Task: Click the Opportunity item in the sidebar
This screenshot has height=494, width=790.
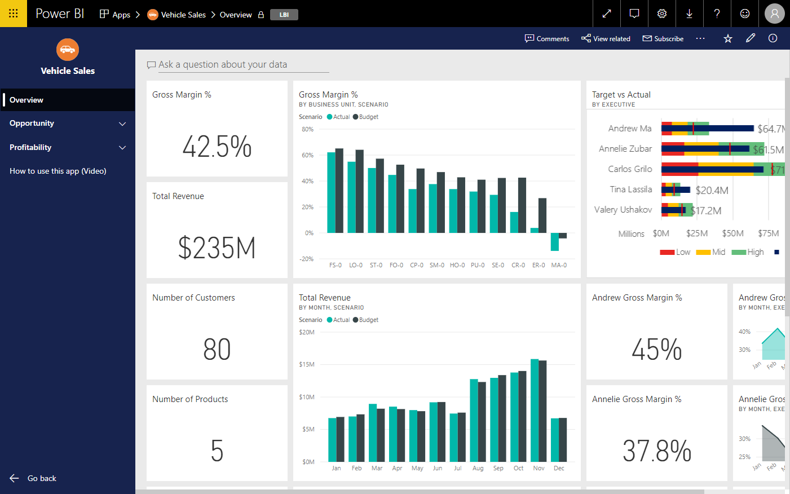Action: pos(32,123)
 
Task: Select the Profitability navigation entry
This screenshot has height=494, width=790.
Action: pos(30,148)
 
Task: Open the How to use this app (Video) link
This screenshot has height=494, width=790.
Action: pos(58,171)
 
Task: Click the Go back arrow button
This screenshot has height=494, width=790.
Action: pos(15,478)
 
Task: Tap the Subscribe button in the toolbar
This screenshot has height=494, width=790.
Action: pos(663,39)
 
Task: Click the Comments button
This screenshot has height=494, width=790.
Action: pos(547,39)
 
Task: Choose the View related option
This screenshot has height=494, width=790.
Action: pos(606,39)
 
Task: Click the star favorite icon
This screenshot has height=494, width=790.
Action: pos(728,38)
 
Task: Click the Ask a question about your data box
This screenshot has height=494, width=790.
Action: pos(237,65)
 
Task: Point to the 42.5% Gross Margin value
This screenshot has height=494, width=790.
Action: pos(217,147)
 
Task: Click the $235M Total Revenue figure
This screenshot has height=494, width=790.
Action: pos(217,248)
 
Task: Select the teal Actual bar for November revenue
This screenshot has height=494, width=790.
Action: pos(535,410)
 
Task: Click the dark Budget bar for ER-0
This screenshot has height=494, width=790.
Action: pos(542,215)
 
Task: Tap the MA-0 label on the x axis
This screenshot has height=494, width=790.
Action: pos(559,265)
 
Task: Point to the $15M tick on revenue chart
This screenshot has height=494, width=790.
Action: pos(307,365)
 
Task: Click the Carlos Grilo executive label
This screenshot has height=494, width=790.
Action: pos(630,169)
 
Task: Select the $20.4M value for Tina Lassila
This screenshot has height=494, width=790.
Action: pos(712,191)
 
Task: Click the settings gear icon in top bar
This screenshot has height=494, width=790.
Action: pos(662,14)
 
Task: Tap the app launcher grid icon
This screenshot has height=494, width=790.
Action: pos(14,14)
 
